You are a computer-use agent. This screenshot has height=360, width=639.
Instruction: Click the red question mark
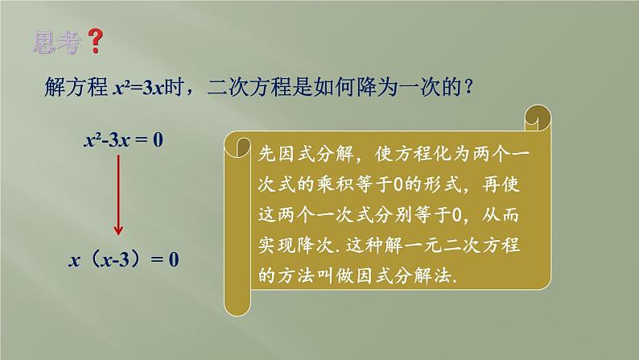[97, 41]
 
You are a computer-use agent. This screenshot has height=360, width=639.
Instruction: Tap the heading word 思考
[57, 43]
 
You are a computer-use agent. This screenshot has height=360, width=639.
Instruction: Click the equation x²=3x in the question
[138, 88]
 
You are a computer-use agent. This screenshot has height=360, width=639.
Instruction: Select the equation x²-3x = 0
[123, 140]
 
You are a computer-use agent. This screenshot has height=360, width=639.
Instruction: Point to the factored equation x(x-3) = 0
[124, 259]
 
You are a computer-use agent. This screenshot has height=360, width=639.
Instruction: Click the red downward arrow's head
[118, 230]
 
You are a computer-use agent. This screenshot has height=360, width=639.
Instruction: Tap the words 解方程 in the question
[76, 87]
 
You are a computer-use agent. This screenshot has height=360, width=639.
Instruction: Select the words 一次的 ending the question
[431, 87]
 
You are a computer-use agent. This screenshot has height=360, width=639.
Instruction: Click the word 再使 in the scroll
[501, 184]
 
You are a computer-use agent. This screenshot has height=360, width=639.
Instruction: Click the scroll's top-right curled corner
[538, 118]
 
